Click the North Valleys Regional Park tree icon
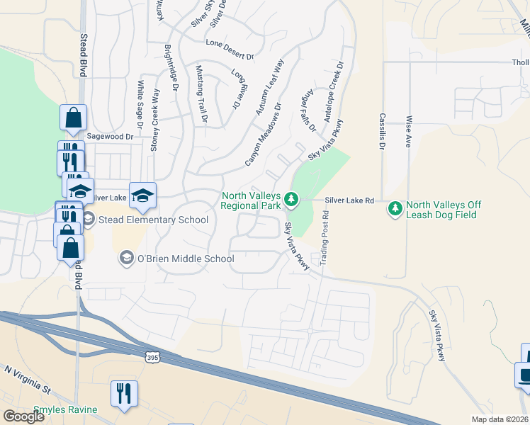tap(291, 201)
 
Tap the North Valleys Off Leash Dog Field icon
tap(395, 209)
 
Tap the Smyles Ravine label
tap(65, 409)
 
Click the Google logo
tap(23, 416)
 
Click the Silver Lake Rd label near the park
tap(349, 201)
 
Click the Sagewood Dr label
tap(109, 135)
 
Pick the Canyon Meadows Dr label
tap(264, 135)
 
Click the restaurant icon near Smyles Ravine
tap(124, 394)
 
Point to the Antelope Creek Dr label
tap(333, 92)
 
